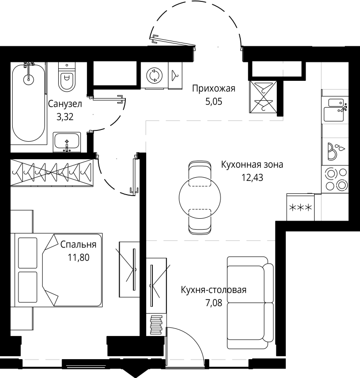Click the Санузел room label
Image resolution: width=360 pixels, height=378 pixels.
(x=65, y=104)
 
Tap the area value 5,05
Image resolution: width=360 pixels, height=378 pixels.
(x=214, y=102)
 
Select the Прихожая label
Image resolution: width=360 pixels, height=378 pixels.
(x=213, y=89)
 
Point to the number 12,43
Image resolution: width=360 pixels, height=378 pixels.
(x=252, y=178)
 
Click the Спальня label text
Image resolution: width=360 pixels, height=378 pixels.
(x=78, y=244)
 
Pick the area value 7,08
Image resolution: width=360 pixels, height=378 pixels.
(x=214, y=302)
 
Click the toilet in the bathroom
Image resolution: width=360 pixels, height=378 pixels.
(x=67, y=77)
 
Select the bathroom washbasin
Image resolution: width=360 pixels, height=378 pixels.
(x=67, y=142)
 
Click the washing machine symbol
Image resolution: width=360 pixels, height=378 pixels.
(x=154, y=76)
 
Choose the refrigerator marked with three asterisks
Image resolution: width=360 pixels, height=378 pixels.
(x=300, y=207)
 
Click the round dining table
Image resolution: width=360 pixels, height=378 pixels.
(x=200, y=198)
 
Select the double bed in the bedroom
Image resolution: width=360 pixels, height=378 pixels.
(x=58, y=270)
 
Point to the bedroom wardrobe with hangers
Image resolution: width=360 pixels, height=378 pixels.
(x=52, y=172)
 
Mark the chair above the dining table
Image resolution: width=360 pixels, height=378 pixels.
(x=200, y=172)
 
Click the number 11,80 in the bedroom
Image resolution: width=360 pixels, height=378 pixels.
(x=79, y=258)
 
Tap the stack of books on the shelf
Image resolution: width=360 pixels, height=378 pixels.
(x=156, y=325)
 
